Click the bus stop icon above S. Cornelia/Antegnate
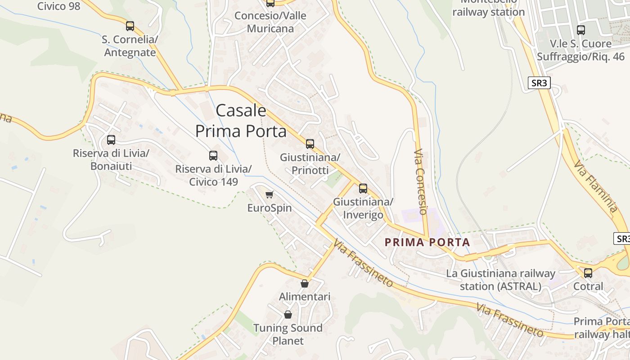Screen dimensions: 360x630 130,26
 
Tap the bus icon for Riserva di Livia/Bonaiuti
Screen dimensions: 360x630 111,140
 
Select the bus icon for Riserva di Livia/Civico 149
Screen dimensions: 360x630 213,156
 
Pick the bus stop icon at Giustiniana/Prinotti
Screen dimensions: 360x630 310,144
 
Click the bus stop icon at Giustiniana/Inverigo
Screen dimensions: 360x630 363,189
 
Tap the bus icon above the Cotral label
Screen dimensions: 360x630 588,273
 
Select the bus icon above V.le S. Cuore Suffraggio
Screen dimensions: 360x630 581,30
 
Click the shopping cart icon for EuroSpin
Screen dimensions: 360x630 269,194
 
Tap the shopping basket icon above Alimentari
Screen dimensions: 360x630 305,283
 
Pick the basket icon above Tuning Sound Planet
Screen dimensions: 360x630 288,315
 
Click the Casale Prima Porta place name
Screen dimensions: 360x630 241,121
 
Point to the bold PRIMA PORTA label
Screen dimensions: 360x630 427,242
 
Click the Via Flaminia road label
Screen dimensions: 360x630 596,186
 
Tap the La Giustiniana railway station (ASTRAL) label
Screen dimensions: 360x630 500,279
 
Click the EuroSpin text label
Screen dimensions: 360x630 270,208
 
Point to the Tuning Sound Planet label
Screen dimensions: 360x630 288,334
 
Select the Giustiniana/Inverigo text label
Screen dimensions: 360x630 363,208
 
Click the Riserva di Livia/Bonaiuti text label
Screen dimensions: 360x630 111,160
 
